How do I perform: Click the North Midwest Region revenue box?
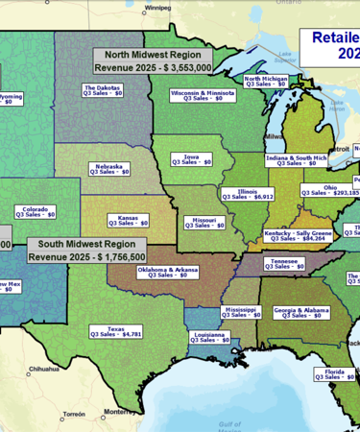[x=165, y=62]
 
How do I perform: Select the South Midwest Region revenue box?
[x=87, y=251]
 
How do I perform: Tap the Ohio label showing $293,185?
[x=330, y=190]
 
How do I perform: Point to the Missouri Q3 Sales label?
[x=204, y=223]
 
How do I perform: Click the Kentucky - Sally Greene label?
[x=299, y=235]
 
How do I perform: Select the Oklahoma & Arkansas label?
[x=167, y=273]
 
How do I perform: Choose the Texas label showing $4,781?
[x=115, y=332]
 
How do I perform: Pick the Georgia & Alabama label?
[x=300, y=313]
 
